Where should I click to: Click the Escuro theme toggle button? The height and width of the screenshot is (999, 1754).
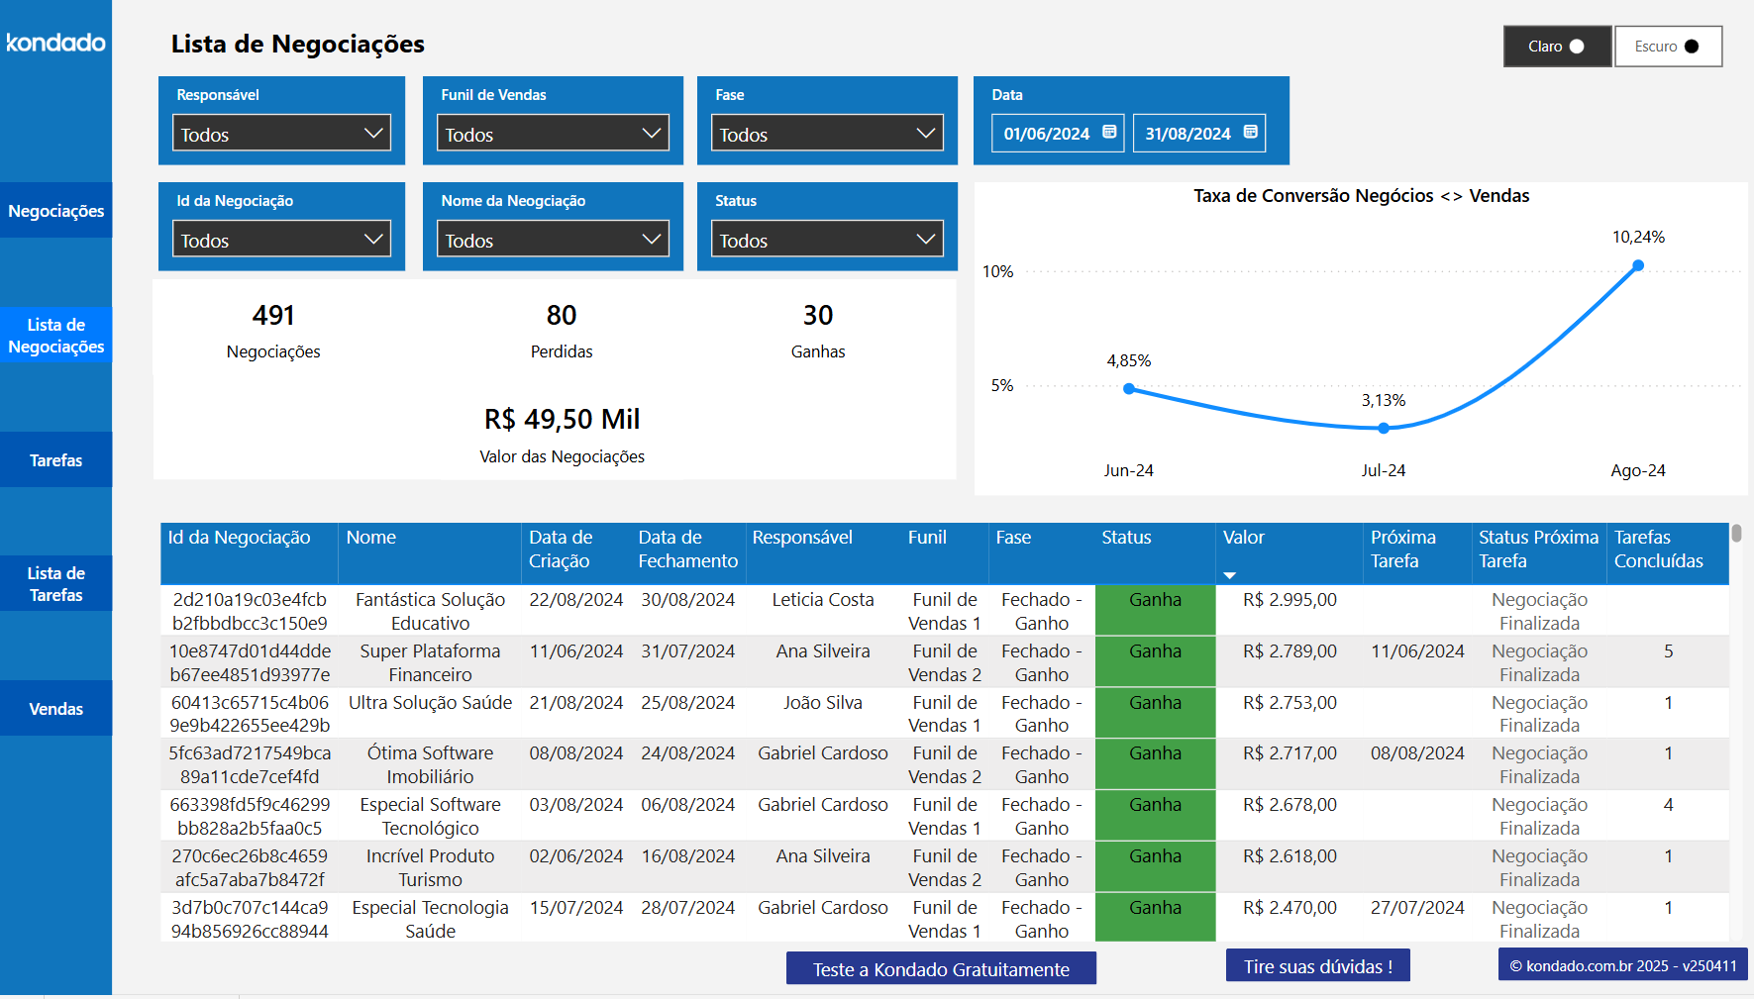(x=1668, y=47)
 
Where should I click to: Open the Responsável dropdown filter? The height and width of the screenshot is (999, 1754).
(x=281, y=134)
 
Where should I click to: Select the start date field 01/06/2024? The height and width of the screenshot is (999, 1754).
(x=1047, y=134)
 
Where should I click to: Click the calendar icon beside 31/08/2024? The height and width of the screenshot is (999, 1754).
(x=1251, y=132)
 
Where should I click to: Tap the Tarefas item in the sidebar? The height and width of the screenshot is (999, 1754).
(x=55, y=460)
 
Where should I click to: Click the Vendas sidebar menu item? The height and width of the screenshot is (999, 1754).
(x=55, y=709)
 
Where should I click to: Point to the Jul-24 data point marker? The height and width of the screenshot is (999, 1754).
(x=1384, y=428)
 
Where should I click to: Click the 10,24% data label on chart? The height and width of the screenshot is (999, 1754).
(x=1638, y=238)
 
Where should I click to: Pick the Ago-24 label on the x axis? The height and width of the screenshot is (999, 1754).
(x=1638, y=471)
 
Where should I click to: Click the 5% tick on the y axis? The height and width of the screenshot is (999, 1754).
(x=1002, y=386)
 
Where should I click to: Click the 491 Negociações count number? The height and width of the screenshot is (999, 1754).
(x=273, y=316)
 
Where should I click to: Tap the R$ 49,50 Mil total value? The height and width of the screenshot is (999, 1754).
(x=562, y=420)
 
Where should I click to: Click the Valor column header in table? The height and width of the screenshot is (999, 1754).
(x=1244, y=538)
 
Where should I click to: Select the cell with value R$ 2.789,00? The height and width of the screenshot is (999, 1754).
(x=1290, y=651)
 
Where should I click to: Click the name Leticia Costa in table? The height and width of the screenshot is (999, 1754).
(x=822, y=600)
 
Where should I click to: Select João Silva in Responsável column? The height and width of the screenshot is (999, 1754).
(x=822, y=703)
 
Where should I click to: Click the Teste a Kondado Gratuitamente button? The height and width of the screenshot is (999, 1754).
(x=941, y=969)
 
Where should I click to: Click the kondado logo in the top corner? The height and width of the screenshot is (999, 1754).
(x=55, y=43)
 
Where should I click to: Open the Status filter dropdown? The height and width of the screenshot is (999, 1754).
(x=827, y=240)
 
